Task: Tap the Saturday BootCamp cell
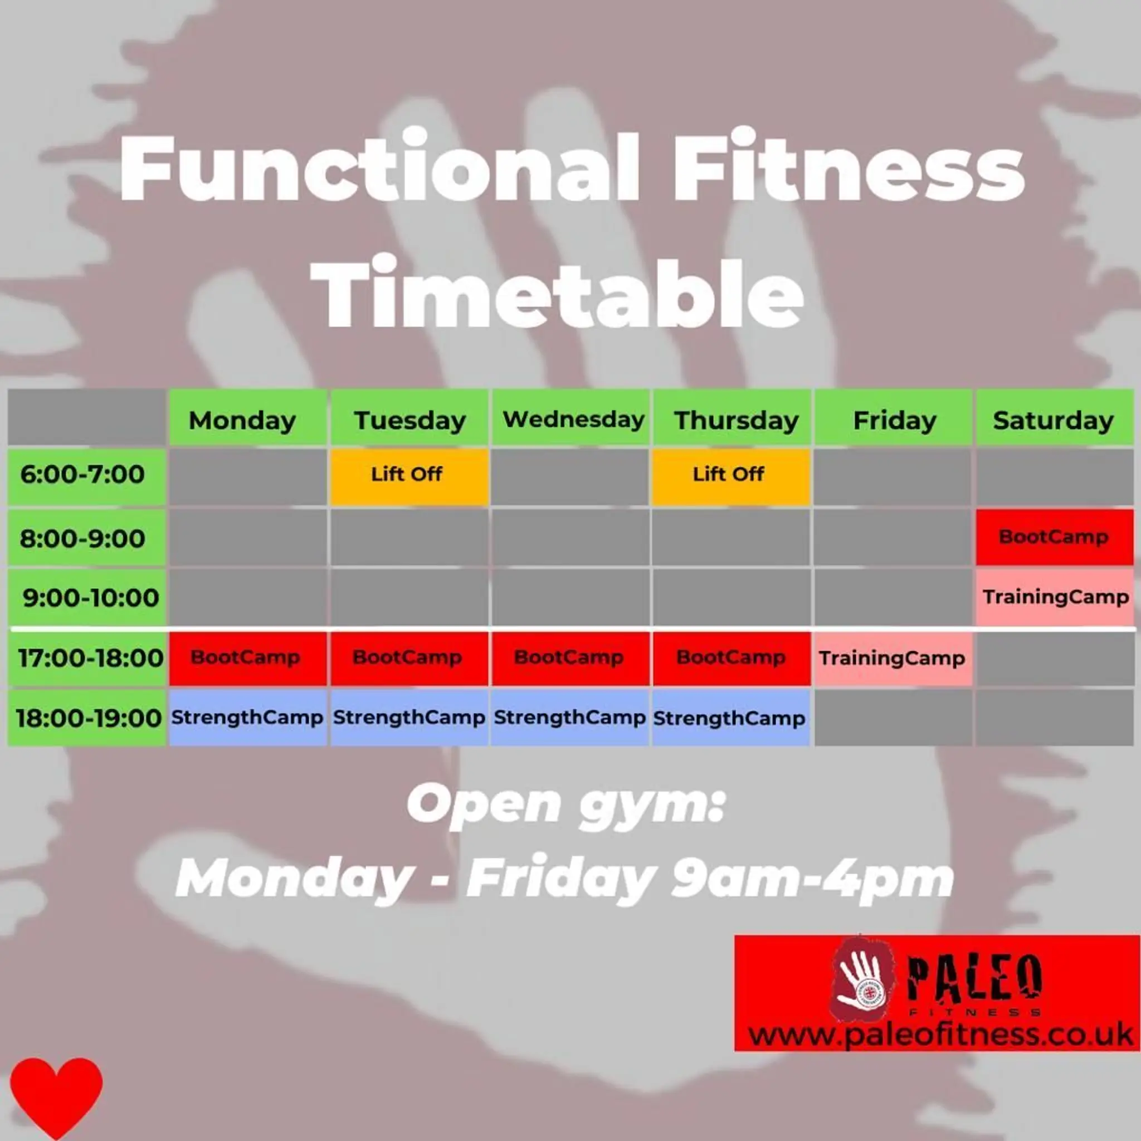(x=1054, y=537)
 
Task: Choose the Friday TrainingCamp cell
(x=893, y=658)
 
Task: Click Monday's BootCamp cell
(x=247, y=658)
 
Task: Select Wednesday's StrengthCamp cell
(x=569, y=718)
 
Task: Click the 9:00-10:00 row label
(x=90, y=597)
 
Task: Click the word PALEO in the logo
(x=973, y=977)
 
